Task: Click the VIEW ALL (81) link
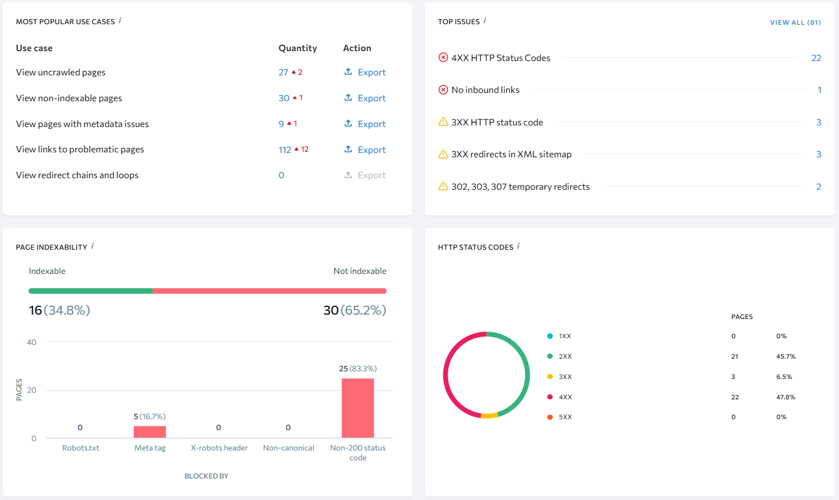coord(795,23)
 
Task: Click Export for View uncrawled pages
coord(366,72)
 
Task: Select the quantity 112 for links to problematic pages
coord(285,150)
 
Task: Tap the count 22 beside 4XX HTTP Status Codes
coord(816,58)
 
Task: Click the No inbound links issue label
coord(485,90)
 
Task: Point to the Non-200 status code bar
coord(358,408)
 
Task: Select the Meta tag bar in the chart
coord(150,432)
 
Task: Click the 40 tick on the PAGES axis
coord(32,342)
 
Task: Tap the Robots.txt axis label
coord(81,448)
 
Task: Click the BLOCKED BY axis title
coord(206,476)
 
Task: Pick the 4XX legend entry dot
coord(550,397)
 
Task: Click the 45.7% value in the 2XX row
coord(786,356)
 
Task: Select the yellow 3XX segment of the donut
coord(489,416)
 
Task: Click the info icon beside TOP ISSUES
coord(485,21)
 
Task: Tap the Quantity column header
coord(297,48)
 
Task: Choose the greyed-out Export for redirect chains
coord(366,175)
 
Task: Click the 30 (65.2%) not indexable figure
coord(355,310)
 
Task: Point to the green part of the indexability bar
coord(91,291)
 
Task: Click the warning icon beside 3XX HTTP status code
coord(443,122)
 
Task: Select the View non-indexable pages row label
coord(69,98)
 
